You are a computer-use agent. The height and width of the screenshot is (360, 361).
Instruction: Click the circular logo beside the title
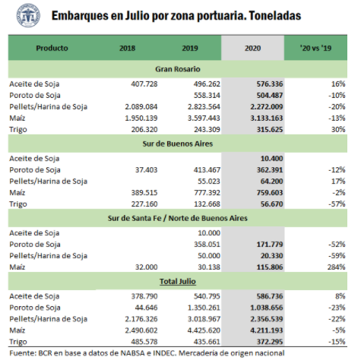pyautogui.click(x=28, y=15)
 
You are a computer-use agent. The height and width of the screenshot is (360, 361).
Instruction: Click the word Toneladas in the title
pyautogui.click(x=275, y=16)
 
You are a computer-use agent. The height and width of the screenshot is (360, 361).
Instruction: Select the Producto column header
pyautogui.click(x=52, y=48)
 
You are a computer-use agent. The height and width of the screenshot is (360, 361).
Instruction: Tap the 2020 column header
pyautogui.click(x=252, y=48)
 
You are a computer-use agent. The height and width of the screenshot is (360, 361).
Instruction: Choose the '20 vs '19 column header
pyautogui.click(x=315, y=48)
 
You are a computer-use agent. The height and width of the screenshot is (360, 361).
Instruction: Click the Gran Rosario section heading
pyautogui.click(x=178, y=69)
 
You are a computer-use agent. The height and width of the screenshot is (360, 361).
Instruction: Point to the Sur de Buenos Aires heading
pyautogui.click(x=178, y=144)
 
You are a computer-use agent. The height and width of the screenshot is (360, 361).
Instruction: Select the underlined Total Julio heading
pyautogui.click(x=178, y=282)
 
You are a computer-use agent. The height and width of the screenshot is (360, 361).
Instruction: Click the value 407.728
pyautogui.click(x=144, y=84)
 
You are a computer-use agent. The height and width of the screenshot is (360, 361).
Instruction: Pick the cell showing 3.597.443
pyautogui.click(x=204, y=118)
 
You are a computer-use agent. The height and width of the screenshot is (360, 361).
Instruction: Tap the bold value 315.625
pyautogui.click(x=270, y=130)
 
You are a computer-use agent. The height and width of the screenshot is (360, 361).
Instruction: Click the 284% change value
pyautogui.click(x=336, y=267)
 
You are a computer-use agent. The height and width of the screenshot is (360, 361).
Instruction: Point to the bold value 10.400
pyautogui.click(x=271, y=159)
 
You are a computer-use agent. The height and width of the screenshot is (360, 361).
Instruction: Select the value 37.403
pyautogui.click(x=146, y=170)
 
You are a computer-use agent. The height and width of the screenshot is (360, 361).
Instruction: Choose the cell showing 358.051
pyautogui.click(x=207, y=245)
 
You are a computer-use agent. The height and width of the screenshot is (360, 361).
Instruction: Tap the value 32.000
pyautogui.click(x=146, y=267)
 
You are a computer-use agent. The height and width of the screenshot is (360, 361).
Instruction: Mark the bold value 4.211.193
pyautogui.click(x=267, y=330)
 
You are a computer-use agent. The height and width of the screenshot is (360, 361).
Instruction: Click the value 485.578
pyautogui.click(x=144, y=342)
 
